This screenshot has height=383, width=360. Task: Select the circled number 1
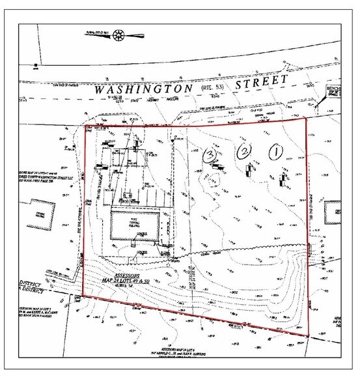pos(275,150)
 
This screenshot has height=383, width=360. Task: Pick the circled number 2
pos(243,152)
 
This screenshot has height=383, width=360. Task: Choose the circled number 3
pos(210,155)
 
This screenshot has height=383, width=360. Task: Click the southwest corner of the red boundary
pos(82,298)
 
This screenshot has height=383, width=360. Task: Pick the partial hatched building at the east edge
pos(333,208)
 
